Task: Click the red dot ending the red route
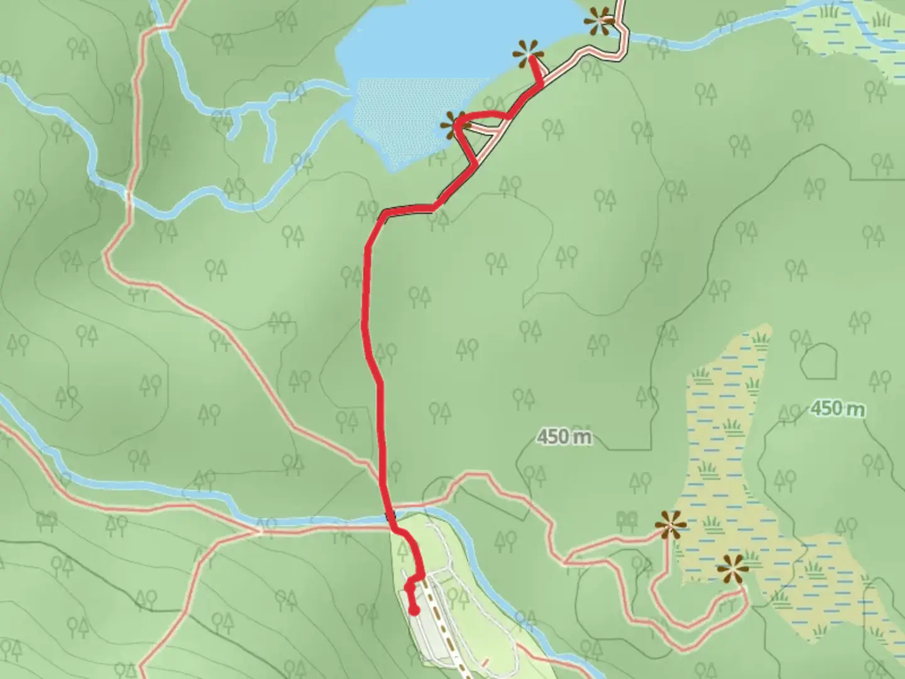(414, 609)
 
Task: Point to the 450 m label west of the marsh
(564, 436)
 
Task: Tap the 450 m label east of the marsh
(836, 409)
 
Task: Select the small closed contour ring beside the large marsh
(820, 361)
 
